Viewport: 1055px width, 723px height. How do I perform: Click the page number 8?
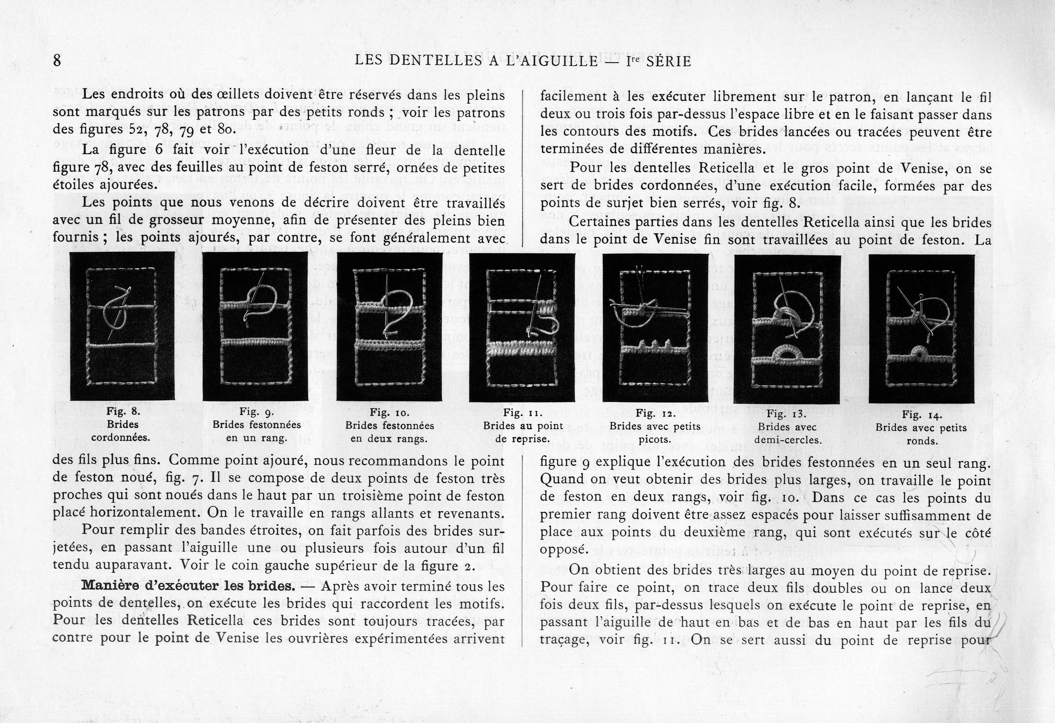click(x=57, y=60)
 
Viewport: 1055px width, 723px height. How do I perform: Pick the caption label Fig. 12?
click(x=655, y=413)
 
